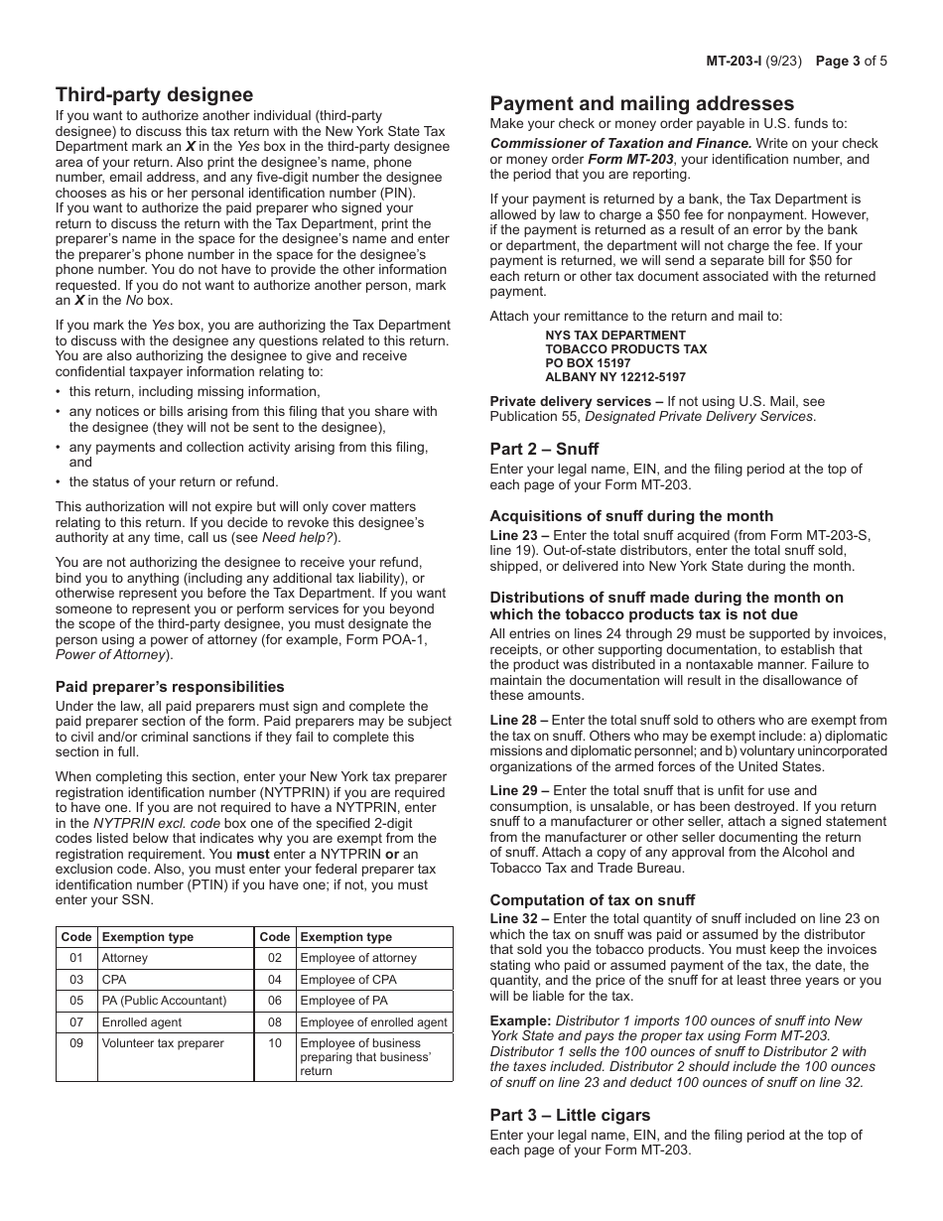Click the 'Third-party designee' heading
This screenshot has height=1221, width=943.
coord(154,95)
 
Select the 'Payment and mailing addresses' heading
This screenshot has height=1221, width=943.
coord(642,103)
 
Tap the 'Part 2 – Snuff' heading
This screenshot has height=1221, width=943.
coord(544,449)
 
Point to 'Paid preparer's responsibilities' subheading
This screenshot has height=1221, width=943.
coord(170,687)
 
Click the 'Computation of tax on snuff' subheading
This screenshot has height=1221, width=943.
coord(593,900)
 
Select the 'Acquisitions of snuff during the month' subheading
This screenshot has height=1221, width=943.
coord(631,516)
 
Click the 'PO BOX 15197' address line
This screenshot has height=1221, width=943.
coord(588,363)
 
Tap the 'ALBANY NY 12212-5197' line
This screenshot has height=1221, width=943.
coord(615,377)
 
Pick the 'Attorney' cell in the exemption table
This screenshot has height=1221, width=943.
coord(124,958)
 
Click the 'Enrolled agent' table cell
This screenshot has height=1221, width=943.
coord(139,1022)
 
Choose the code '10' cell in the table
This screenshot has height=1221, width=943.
coord(275,1043)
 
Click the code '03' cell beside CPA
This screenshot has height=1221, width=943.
coord(76,980)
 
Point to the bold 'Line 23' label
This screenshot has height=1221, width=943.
coord(513,535)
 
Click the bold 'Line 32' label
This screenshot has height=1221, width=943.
coord(513,919)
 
